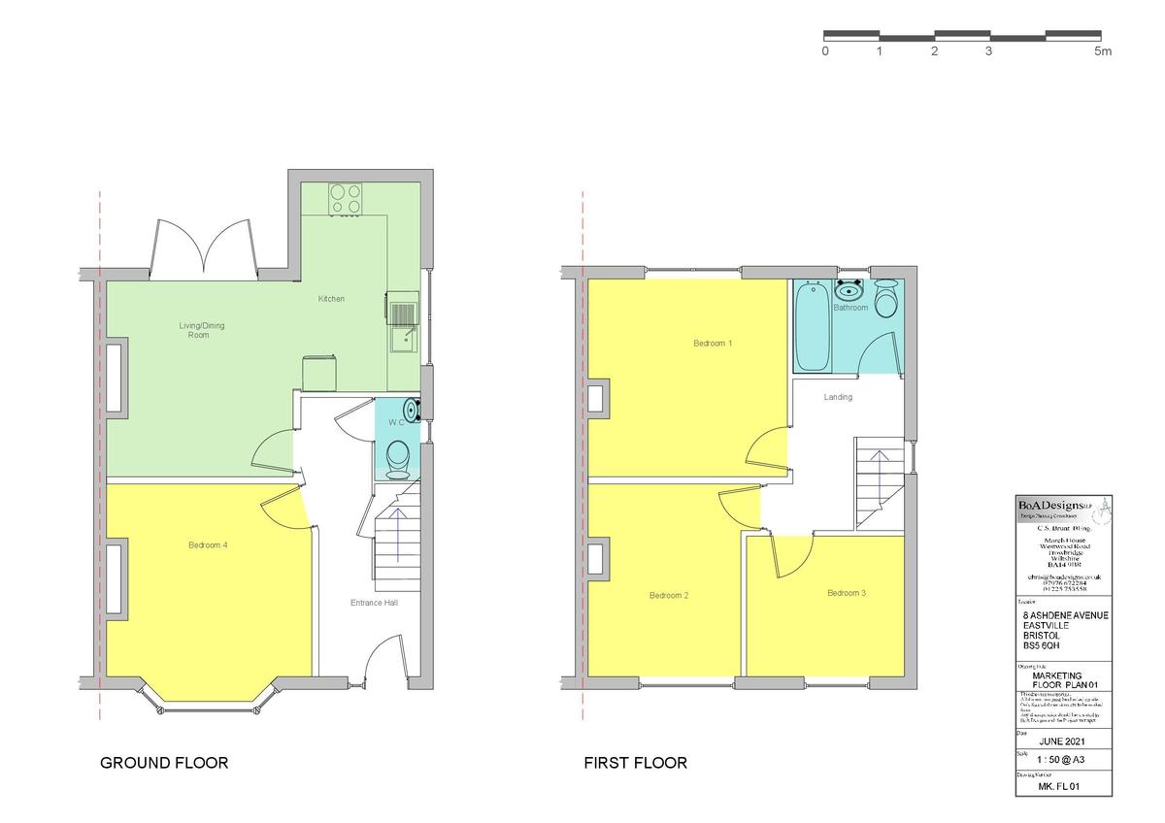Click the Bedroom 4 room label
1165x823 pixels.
[208, 545]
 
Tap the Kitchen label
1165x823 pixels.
[331, 299]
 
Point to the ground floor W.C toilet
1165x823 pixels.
[397, 458]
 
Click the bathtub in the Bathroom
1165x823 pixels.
[812, 326]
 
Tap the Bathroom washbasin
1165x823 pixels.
[849, 289]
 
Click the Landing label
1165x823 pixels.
[838, 397]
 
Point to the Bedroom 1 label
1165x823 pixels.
[713, 344]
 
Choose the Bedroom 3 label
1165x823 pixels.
[846, 593]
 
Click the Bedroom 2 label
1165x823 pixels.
[669, 595]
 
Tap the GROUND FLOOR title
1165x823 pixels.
[164, 763]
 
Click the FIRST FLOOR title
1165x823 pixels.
[635, 763]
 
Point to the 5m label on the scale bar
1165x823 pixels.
[1103, 51]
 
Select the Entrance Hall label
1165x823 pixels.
[374, 603]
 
